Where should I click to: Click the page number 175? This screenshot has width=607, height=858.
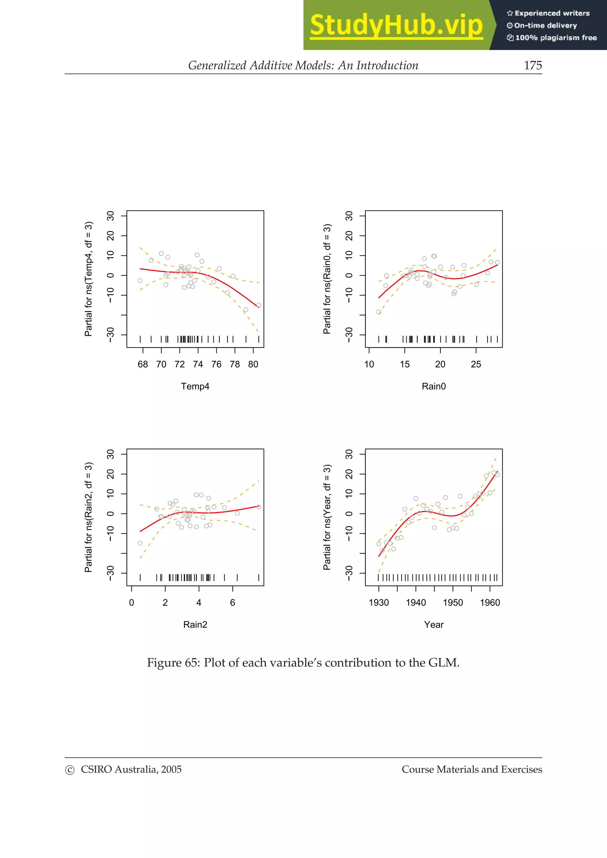pyautogui.click(x=533, y=65)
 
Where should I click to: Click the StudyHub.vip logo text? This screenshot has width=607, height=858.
pyautogui.click(x=396, y=25)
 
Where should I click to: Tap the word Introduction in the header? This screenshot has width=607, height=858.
pyautogui.click(x=387, y=65)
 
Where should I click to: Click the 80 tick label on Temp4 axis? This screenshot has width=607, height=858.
pyautogui.click(x=253, y=364)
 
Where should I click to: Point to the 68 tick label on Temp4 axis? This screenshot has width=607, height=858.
pyautogui.click(x=143, y=364)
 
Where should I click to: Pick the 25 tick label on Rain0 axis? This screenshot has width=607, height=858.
pyautogui.click(x=476, y=364)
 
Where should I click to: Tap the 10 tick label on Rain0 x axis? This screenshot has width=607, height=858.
pyautogui.click(x=369, y=364)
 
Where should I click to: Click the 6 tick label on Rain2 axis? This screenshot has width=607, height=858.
pyautogui.click(x=232, y=602)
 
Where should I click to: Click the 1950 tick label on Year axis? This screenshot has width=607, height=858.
pyautogui.click(x=453, y=602)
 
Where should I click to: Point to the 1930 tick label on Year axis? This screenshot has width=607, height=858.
pyautogui.click(x=378, y=602)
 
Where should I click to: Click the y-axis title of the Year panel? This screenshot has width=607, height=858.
pyautogui.click(x=327, y=517)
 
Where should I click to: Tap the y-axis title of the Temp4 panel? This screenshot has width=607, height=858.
pyautogui.click(x=88, y=279)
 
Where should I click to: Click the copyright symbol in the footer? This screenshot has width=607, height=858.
pyautogui.click(x=70, y=770)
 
